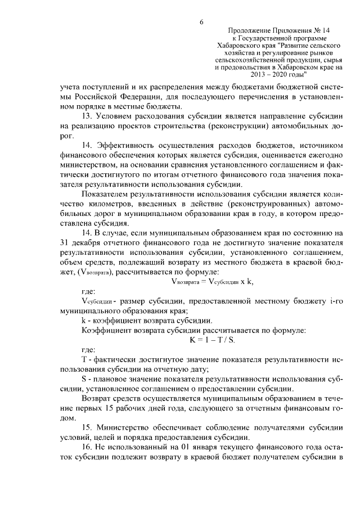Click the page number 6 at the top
tap(201, 22)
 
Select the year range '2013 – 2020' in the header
tap(268, 74)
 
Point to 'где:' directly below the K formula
tap(88, 350)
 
